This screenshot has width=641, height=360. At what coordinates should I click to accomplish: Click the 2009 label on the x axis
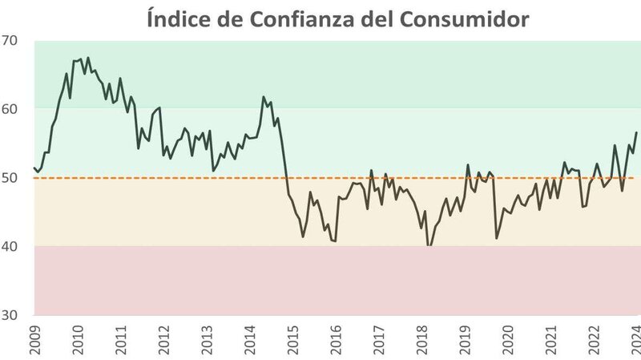click(x=35, y=340)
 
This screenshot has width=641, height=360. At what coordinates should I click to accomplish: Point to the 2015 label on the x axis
click(x=293, y=340)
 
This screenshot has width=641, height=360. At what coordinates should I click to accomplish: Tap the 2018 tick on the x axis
click(x=421, y=340)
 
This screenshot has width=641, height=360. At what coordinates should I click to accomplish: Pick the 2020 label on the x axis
click(x=508, y=340)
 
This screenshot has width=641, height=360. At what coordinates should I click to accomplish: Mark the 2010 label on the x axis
click(x=79, y=340)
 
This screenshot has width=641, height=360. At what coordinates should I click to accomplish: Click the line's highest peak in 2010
click(x=88, y=58)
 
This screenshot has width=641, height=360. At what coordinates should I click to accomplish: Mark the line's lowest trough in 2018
click(x=429, y=245)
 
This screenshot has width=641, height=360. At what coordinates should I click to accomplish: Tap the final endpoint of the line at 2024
click(x=636, y=132)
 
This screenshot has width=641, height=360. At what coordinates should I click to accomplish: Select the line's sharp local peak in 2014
click(x=264, y=97)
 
